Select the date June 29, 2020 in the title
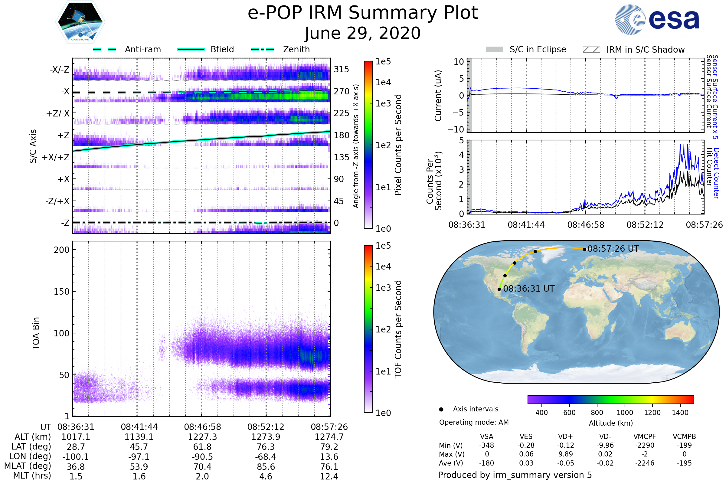pos(363,33)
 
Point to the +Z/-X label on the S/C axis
pos(58,114)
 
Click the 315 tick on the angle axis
pos(341,69)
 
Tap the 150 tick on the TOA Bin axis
pos(61,292)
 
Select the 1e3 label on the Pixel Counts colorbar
pos(383,104)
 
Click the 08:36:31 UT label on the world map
pos(529,289)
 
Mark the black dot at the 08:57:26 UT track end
pos(584,249)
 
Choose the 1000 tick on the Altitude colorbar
pos(624,413)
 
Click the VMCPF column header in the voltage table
pos(645,437)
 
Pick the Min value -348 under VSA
pos(486,445)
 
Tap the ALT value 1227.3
pos(202,437)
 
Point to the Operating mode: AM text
pos(474,422)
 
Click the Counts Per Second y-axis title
pos(434,181)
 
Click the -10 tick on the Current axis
pos(456,129)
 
